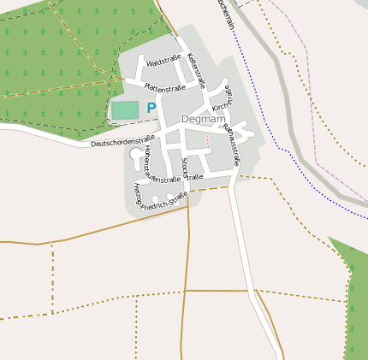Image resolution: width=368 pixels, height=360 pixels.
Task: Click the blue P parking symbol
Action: click(151, 109)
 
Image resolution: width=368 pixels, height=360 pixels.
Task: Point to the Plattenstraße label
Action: click(165, 86)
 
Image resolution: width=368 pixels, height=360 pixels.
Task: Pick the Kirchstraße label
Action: click(223, 101)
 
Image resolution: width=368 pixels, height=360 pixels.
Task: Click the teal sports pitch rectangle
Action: click(124, 110)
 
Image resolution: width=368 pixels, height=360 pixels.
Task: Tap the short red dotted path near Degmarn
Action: click(207, 139)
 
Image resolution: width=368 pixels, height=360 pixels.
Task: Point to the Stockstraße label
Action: click(184, 168)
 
